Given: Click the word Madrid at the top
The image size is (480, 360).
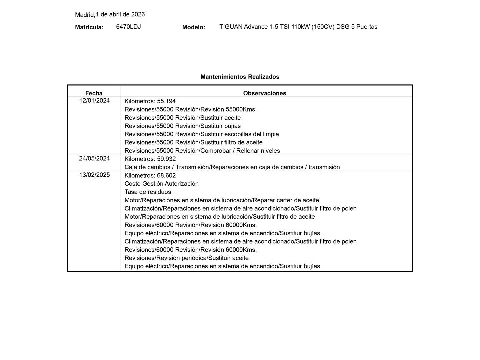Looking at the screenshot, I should point(85,15).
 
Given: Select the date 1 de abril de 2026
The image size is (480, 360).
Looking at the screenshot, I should point(120,14).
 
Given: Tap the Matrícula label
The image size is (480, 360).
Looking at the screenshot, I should point(89,27).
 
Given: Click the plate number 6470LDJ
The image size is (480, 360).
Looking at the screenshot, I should point(128,27).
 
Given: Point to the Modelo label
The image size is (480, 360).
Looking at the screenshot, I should point(194,27).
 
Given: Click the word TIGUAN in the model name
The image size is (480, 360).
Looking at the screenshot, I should point(231,27).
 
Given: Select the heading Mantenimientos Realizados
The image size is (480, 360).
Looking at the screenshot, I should point(240,77).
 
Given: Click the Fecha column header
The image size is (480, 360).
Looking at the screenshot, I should point(94,93).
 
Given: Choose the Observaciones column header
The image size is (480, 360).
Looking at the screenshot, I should point(265,93).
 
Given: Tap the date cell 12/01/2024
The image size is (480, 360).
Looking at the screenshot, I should point(94,101).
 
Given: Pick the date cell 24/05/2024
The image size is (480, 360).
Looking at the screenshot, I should point(94,158).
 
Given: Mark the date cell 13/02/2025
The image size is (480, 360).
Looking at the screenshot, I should point(94,175).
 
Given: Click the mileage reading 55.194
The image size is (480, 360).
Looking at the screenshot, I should point(166,101).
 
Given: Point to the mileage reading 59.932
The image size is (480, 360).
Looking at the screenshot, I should point(166,159).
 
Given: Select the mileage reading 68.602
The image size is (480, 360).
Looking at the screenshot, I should point(166,175).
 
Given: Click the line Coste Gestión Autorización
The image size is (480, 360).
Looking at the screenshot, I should point(161,184).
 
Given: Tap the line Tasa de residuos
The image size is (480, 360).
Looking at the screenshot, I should point(148,192).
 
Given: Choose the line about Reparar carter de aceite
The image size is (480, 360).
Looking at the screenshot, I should point(222,200).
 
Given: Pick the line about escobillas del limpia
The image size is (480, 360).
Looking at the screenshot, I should point(202,134).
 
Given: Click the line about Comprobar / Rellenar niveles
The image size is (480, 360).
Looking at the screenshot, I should point(202,151).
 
